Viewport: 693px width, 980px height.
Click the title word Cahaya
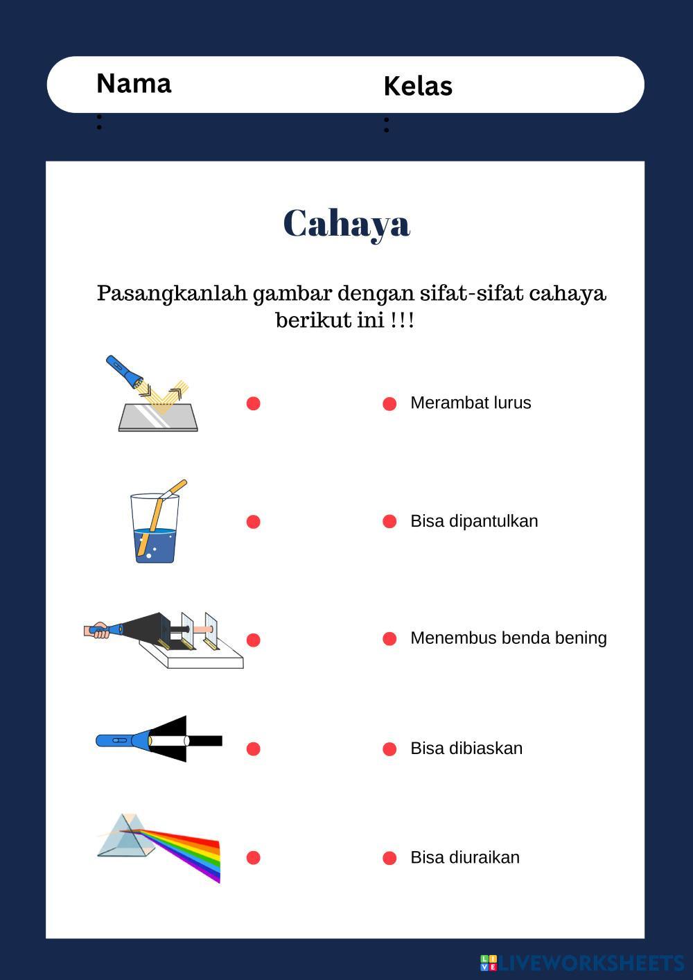(x=346, y=223)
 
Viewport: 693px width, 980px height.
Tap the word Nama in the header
(x=134, y=84)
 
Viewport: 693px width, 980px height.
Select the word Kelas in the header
(x=417, y=87)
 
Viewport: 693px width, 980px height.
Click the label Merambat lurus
(x=471, y=403)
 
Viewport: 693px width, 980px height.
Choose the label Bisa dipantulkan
(x=474, y=521)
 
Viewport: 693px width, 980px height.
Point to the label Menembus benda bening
(x=508, y=638)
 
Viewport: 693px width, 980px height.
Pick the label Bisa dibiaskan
(x=466, y=749)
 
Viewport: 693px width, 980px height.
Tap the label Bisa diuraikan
(x=464, y=857)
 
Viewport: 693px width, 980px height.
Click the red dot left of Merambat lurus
(x=389, y=403)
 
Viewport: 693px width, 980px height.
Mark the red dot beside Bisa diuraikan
(x=389, y=858)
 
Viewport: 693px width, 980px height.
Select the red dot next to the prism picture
(x=253, y=858)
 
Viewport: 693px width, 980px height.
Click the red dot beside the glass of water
(x=253, y=522)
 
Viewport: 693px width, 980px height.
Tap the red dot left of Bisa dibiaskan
(x=389, y=749)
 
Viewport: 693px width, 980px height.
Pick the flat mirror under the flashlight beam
(x=158, y=417)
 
